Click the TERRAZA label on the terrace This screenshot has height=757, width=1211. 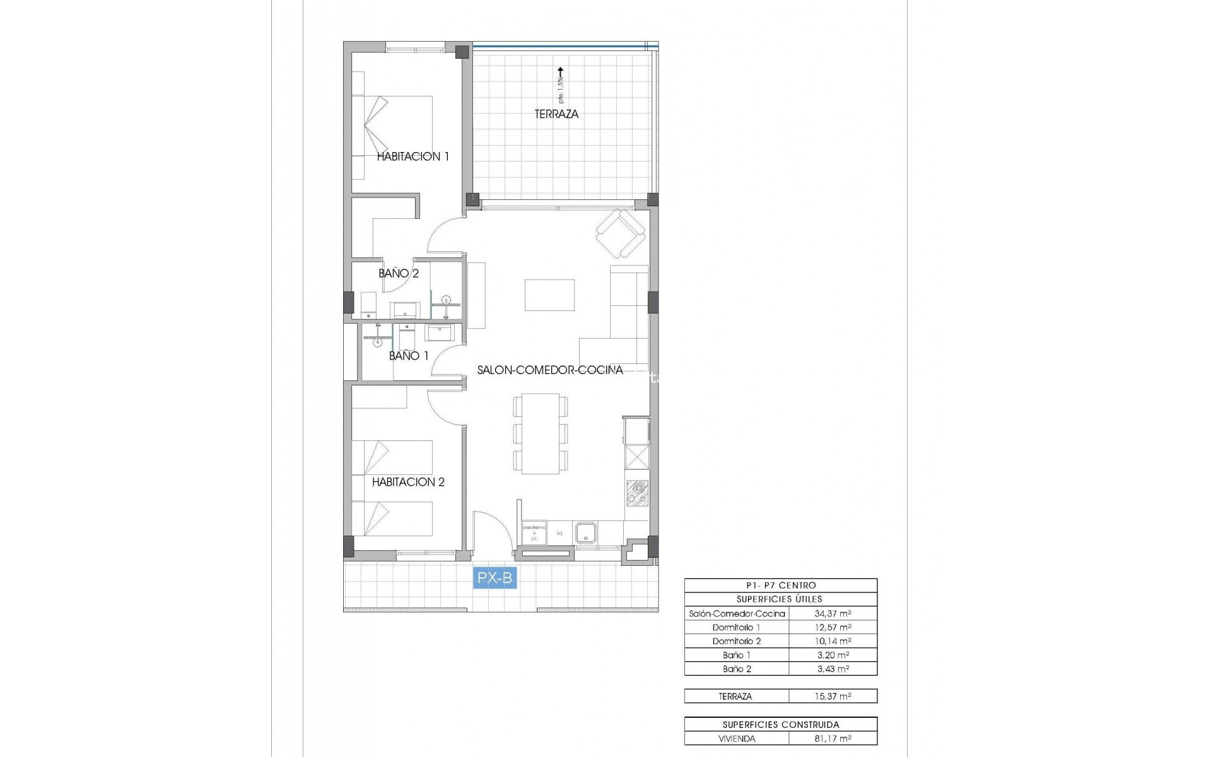point(556,114)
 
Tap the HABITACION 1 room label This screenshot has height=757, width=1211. point(412,156)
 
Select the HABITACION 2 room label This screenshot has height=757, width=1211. point(408,482)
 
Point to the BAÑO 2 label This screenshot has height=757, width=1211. point(399,273)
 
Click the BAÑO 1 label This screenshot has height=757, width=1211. point(409,356)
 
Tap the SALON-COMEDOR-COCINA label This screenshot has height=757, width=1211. point(550,370)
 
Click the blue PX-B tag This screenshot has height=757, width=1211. point(494,577)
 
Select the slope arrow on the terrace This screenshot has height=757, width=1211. point(560,76)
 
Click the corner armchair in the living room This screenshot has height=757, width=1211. point(621,234)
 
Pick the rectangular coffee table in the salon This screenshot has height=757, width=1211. point(549,295)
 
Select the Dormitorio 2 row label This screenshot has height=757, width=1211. point(736,641)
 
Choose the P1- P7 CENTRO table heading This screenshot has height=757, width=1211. point(780,585)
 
